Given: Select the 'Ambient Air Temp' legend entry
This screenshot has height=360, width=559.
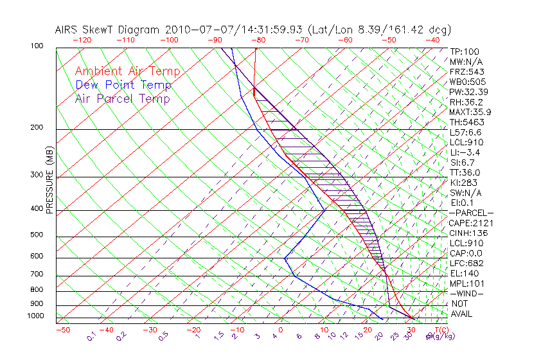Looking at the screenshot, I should (127, 72).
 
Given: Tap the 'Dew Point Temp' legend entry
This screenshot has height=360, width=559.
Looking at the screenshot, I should (123, 85).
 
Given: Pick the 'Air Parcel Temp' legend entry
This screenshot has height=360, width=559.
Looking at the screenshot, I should (122, 99).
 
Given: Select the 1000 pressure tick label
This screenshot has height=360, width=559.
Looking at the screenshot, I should (36, 316).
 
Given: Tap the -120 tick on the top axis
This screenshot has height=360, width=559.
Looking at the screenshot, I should (82, 40).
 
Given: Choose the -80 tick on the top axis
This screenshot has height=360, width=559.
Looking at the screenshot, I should (257, 40).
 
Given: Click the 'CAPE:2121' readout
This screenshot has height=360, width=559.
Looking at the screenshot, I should (471, 223).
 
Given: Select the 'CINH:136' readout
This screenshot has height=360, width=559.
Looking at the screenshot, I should (468, 233).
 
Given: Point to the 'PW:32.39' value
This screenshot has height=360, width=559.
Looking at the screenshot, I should (468, 92).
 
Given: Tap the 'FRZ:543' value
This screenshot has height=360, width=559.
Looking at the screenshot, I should (466, 71).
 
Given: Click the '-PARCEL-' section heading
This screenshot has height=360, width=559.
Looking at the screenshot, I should (471, 213).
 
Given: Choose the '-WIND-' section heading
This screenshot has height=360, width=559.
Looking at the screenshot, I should (466, 293).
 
